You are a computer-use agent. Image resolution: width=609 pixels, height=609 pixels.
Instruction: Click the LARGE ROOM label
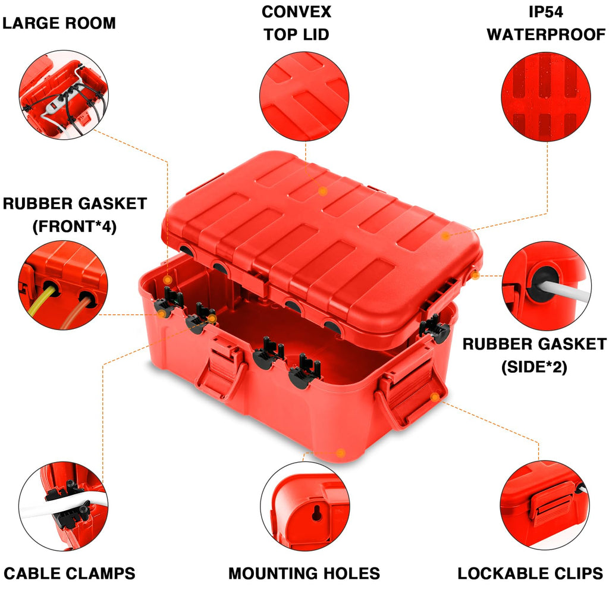tap(59, 23)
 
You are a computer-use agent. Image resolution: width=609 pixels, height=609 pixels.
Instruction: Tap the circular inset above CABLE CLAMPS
tap(63, 506)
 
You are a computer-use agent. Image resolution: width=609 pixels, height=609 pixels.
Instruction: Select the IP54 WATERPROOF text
tap(546, 23)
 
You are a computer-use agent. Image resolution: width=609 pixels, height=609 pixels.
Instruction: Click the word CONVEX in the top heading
tap(296, 11)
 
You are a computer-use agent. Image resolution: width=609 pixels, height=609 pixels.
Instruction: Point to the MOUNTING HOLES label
tap(304, 573)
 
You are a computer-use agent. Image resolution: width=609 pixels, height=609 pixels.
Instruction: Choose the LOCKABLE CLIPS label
tap(530, 573)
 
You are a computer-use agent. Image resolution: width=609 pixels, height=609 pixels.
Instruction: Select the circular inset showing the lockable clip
tap(544, 504)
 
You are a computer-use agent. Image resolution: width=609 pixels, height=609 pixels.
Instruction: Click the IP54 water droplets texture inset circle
tap(546, 96)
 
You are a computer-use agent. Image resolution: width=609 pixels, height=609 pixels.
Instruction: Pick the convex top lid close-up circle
tap(305, 96)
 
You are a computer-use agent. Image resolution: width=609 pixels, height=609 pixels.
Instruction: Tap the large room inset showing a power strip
tap(63, 95)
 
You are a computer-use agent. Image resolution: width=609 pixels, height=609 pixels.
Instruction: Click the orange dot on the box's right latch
tap(435, 397)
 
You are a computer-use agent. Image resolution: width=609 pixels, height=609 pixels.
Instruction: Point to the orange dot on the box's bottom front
tap(340, 453)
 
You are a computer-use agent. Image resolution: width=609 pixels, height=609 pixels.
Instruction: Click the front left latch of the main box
tap(221, 369)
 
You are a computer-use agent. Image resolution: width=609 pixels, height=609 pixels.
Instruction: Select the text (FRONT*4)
tap(75, 226)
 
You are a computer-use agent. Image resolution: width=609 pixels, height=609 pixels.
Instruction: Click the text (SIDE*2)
tap(533, 367)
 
